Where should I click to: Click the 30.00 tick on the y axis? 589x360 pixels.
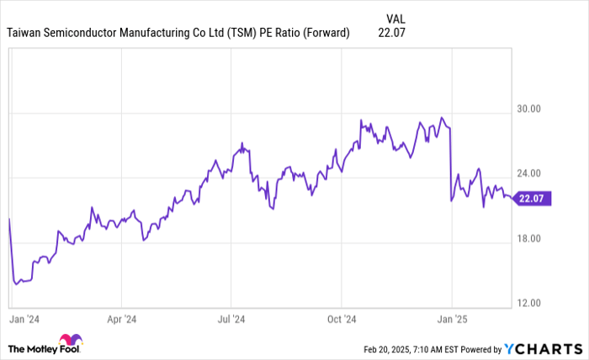coord(528,109)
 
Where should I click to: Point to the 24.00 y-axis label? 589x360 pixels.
coord(528,173)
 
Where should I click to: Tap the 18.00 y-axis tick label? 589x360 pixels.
coord(528,238)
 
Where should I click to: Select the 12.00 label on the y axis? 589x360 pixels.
coord(528,303)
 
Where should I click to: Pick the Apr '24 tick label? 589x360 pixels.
coord(122,320)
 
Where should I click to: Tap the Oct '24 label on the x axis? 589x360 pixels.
coord(341,320)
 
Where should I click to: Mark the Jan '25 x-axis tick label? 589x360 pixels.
coord(452,320)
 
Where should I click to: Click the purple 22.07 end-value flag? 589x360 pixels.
coord(533,199)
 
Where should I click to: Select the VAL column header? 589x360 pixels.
coord(396,17)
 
